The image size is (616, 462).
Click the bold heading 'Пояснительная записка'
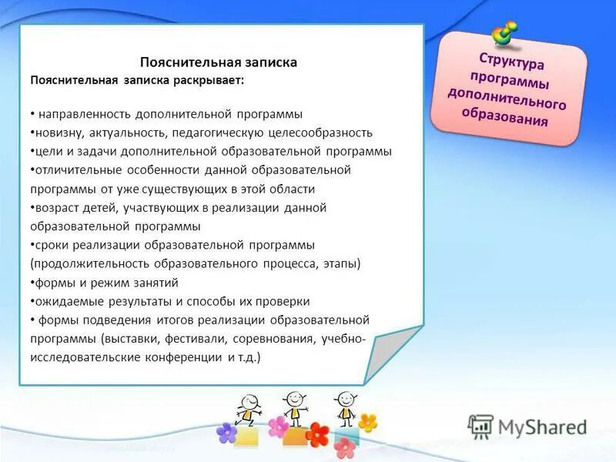click(218, 62)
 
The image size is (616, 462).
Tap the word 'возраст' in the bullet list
click(55, 207)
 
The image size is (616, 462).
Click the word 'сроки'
click(50, 245)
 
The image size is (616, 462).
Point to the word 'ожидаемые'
click(62, 301)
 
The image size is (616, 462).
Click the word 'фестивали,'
click(223, 339)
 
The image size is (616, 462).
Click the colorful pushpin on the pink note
click(505, 32)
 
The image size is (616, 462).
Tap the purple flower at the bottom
click(226, 433)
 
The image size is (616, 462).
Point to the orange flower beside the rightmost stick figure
click(368, 423)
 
